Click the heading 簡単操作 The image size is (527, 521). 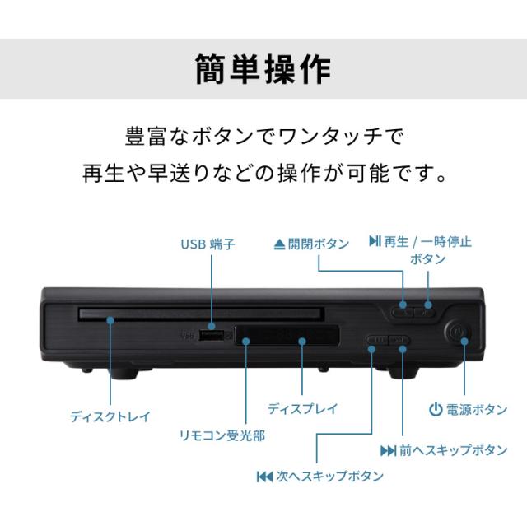[263, 69]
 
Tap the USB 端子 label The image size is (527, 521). [208, 244]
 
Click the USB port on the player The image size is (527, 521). [212, 336]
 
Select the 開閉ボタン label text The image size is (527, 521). [318, 244]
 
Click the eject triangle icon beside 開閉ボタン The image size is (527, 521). [279, 244]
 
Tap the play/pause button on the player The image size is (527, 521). [427, 310]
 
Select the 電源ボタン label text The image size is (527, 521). [476, 409]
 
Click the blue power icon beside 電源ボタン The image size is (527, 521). [436, 409]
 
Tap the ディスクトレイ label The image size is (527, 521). [110, 416]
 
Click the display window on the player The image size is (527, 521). [288, 336]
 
